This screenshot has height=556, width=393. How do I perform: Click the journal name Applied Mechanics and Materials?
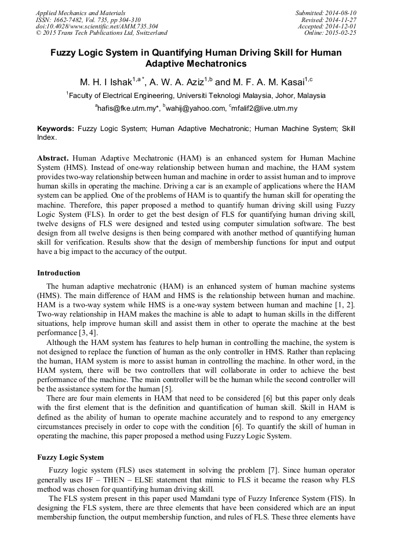(x=81, y=13)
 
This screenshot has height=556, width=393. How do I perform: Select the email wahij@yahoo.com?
(x=196, y=108)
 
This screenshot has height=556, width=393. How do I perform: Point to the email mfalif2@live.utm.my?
(x=265, y=108)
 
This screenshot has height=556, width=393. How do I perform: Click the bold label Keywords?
(x=56, y=129)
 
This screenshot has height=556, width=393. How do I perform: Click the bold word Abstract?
(x=53, y=158)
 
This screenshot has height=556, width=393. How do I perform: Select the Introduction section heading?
(x=59, y=273)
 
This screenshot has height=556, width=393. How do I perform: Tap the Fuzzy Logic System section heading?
(x=70, y=457)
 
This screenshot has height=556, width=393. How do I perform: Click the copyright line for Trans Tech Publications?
(x=101, y=33)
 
